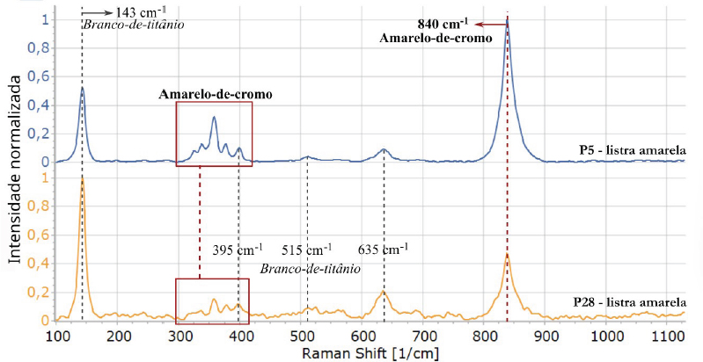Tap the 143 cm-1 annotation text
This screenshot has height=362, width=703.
coord(142,12)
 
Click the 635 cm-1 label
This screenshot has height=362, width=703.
coord(382,250)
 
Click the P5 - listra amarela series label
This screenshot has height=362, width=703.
coord(631,150)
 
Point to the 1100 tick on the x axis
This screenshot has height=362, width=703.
coord(668,335)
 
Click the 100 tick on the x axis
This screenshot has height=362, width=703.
coord(58,335)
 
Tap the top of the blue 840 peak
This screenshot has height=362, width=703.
coord(507,19)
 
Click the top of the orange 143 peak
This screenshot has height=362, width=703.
coord(82,178)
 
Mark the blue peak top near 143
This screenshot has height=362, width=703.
coord(82,87)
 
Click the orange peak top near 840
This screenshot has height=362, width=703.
coord(507,255)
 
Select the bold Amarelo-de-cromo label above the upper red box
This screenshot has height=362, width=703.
coord(216,93)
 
